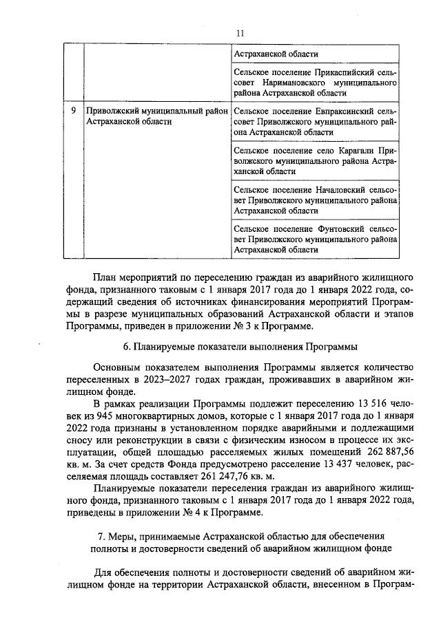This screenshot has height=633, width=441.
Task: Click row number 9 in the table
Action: coord(73,110)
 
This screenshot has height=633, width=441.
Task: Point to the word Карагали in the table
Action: coord(354,149)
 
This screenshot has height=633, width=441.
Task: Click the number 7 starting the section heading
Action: coord(102,535)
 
